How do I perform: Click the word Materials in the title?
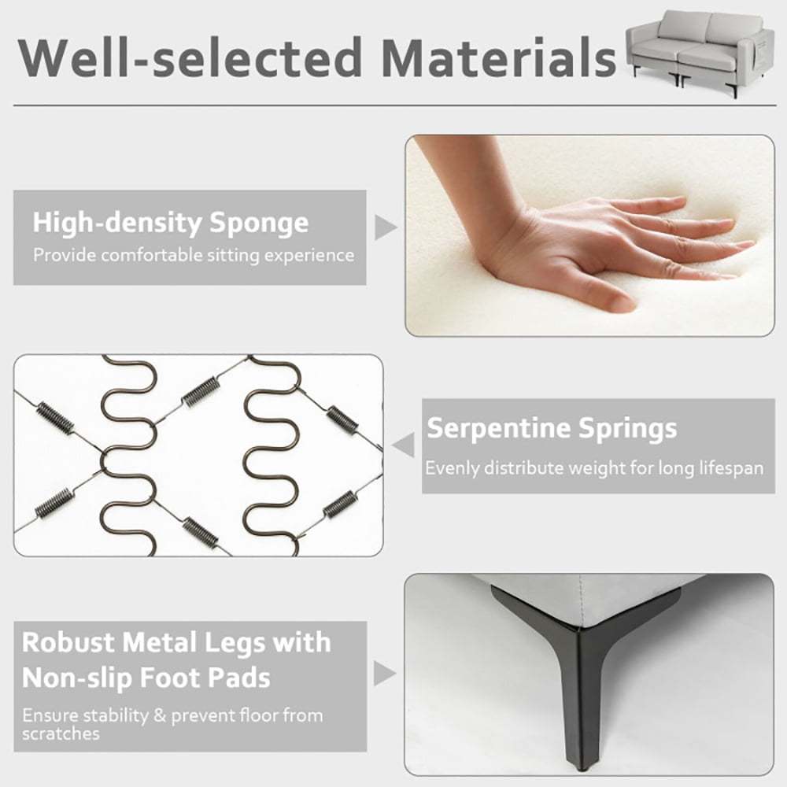[x=499, y=57]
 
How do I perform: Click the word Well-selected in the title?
[x=190, y=57]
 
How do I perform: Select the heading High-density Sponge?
[x=171, y=223]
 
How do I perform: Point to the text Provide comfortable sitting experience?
[x=194, y=256]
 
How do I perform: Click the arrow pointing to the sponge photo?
[x=386, y=227]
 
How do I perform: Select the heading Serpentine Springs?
[x=552, y=428]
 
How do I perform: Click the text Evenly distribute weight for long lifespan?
[x=594, y=468]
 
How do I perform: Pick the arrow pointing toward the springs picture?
[x=404, y=445]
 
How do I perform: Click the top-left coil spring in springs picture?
[x=55, y=416]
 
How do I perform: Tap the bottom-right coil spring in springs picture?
[x=338, y=504]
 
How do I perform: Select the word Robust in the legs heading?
[x=68, y=642]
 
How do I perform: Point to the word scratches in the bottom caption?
[x=61, y=733]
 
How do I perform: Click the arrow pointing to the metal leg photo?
[x=385, y=674]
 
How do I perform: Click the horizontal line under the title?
[x=394, y=105]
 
